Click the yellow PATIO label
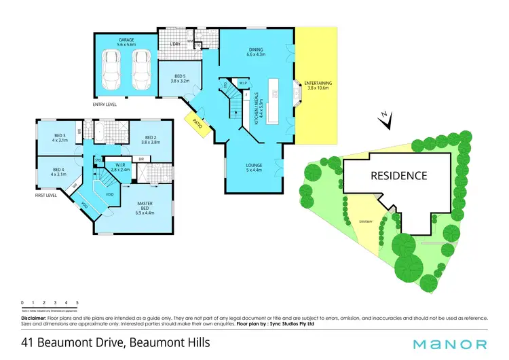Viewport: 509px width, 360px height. (x=197, y=124)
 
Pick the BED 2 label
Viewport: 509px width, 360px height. (x=150, y=139)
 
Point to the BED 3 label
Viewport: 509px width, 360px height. (x=60, y=138)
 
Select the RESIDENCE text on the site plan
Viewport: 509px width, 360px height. (x=398, y=175)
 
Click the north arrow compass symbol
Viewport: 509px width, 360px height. (x=386, y=121)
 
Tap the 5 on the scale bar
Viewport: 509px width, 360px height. (x=77, y=302)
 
